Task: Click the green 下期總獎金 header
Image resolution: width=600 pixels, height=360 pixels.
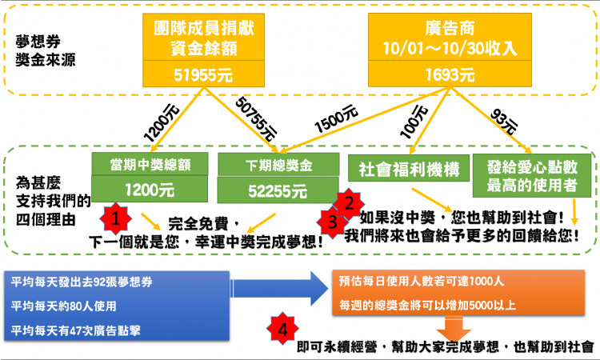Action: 268,164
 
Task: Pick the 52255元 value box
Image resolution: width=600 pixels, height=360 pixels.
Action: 268,191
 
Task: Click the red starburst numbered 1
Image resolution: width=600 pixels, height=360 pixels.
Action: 117,218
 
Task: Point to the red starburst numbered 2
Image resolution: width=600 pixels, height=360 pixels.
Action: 348,203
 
